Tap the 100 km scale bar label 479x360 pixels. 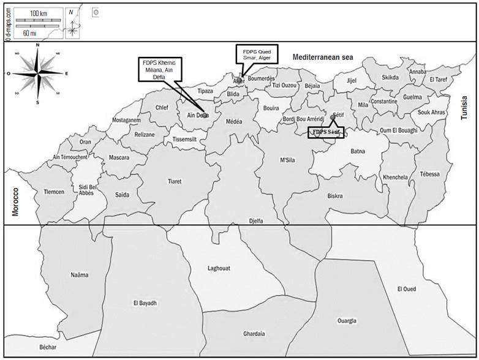click(38, 12)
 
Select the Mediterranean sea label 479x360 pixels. click(323, 56)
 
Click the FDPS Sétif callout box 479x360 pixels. click(326, 132)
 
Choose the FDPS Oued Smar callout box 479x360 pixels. click(257, 54)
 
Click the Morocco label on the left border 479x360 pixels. click(16, 201)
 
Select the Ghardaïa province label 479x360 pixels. click(254, 334)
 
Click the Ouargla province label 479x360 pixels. click(347, 321)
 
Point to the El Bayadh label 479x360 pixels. click(145, 303)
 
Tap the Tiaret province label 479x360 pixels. click(175, 181)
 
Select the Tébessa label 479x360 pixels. click(429, 174)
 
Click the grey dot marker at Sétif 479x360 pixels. click(333, 117)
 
